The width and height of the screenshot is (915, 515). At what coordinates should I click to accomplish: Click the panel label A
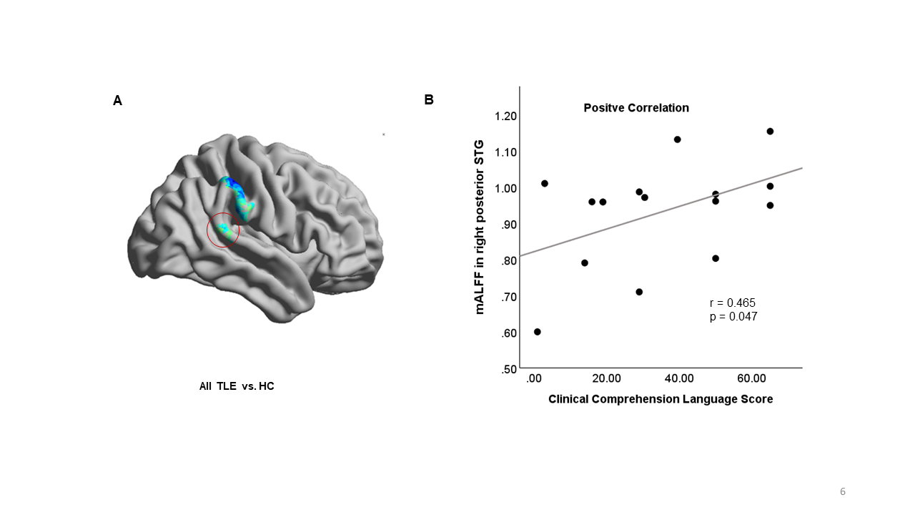pos(118,101)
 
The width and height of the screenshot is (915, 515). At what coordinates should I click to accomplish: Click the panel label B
pos(429,100)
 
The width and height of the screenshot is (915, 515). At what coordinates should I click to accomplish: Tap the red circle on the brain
pos(222,230)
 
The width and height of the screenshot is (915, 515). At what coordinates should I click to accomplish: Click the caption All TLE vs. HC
pos(237,386)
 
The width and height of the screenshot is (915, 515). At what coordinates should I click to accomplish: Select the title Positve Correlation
pos(636,108)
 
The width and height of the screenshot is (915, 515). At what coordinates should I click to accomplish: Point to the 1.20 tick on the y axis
pos(501,116)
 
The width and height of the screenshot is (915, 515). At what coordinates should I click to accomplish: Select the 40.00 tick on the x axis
pos(679,378)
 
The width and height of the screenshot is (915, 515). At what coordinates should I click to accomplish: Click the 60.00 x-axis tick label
pos(752,378)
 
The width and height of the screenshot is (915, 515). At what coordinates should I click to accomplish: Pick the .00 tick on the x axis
pos(534,378)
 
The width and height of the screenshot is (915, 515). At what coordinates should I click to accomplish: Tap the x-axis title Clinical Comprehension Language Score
pos(661,399)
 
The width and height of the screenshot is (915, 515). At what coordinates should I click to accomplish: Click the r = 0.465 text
pos(732,303)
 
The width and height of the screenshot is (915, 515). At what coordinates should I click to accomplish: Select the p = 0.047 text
pos(733,316)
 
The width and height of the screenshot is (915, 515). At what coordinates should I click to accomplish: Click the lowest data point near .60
pos(538,332)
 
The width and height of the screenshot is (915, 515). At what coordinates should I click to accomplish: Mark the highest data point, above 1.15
pos(770,132)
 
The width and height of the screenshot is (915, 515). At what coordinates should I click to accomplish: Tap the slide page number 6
pos(843,491)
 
